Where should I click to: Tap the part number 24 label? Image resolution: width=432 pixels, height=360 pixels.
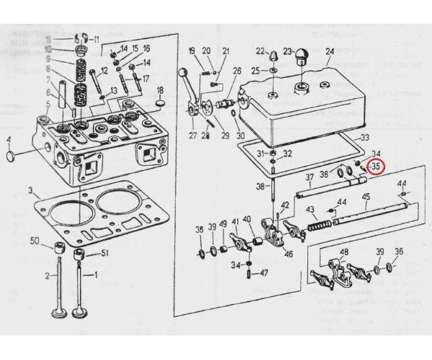point(330,51)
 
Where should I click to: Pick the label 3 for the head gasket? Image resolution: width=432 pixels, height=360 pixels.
point(30,191)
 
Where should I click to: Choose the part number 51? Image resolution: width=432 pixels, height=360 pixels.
point(104,253)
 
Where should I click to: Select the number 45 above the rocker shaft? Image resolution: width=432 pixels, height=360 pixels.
point(366,197)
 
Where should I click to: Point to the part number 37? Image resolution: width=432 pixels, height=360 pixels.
point(309,177)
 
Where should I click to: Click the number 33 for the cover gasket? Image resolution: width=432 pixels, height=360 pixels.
point(365,138)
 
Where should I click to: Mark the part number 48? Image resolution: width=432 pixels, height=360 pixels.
point(343,251)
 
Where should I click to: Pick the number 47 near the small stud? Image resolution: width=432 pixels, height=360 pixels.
point(264,273)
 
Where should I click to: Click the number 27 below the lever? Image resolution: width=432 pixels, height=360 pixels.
point(192,135)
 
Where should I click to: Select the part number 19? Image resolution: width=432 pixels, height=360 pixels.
point(192,50)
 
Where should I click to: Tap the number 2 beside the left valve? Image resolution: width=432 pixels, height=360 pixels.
point(48,276)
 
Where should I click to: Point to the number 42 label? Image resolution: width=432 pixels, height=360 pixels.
point(285,205)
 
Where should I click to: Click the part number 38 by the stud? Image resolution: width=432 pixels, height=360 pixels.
point(259,187)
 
